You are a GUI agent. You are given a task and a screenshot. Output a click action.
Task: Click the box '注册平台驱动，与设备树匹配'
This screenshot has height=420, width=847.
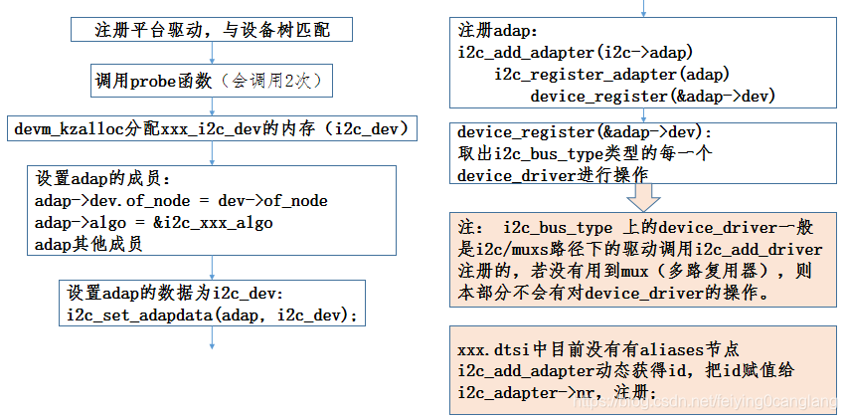point(213,30)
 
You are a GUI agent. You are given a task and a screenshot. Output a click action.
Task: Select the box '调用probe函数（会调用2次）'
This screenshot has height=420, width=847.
point(211,81)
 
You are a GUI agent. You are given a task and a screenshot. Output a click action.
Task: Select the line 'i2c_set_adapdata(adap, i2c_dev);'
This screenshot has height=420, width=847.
point(213,315)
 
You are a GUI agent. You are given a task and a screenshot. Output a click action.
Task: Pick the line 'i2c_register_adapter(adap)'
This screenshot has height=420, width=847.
point(612,75)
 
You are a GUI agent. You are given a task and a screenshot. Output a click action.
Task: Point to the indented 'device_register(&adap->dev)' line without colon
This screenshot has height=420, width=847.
point(653,96)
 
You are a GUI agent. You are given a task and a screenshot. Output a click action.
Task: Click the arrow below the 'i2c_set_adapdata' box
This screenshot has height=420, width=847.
point(213,339)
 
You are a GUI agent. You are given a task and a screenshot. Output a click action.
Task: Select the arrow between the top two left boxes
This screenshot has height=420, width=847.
point(213,54)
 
